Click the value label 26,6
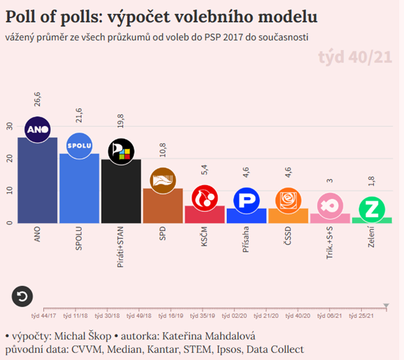[37, 100]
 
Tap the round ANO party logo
[37, 129]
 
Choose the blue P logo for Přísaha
[246, 201]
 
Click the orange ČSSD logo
[288, 200]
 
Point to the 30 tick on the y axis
[9, 126]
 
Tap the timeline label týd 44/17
[43, 314]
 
